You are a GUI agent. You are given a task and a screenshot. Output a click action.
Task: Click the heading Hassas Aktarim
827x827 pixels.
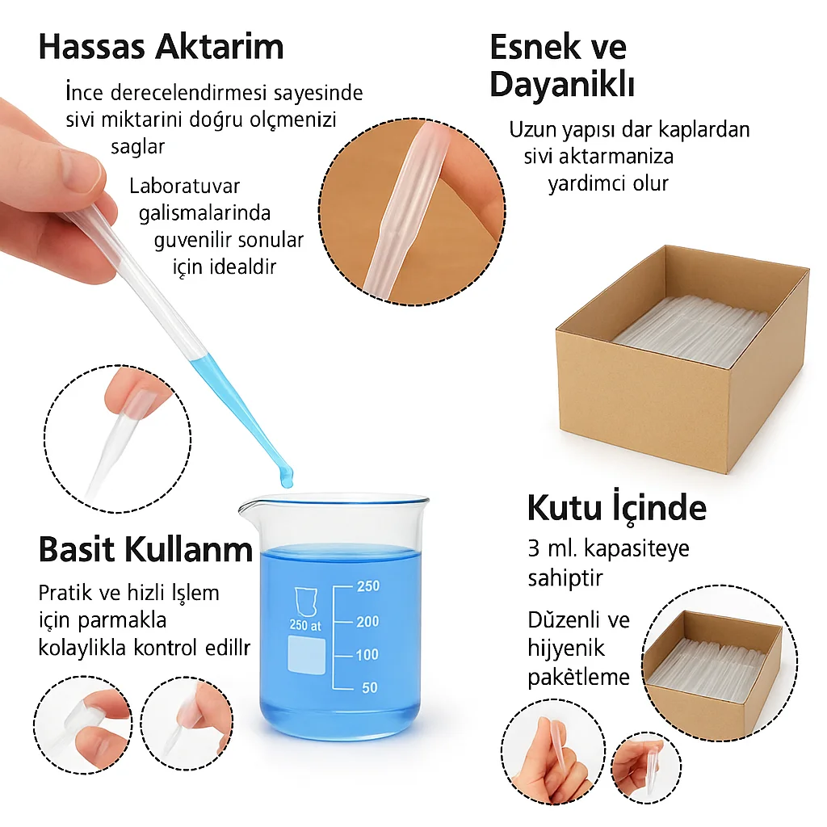(x=162, y=46)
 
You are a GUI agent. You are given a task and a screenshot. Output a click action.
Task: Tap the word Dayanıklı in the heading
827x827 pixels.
(x=562, y=84)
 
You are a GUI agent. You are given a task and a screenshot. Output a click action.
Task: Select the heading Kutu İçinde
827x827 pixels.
(x=616, y=508)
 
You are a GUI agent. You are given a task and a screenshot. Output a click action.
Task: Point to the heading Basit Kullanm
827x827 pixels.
(x=145, y=549)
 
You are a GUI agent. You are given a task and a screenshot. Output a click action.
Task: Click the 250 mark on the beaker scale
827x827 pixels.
(x=368, y=586)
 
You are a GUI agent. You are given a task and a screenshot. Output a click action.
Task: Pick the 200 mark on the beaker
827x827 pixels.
(x=367, y=621)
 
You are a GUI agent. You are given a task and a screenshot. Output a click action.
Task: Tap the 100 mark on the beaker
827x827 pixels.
(x=367, y=654)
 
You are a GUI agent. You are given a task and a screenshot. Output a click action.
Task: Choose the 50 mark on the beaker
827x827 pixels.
(x=370, y=688)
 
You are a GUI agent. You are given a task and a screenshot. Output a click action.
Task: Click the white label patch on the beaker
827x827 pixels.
(x=306, y=654)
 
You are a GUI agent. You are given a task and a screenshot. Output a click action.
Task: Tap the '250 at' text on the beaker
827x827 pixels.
(x=305, y=626)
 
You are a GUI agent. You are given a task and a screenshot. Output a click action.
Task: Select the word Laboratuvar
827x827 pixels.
(x=185, y=187)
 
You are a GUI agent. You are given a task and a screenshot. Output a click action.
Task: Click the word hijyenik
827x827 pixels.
(x=566, y=649)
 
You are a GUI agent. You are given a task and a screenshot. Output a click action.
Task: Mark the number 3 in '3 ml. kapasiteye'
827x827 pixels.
(x=533, y=549)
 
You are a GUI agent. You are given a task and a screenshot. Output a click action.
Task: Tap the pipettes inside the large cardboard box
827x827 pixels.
(x=691, y=330)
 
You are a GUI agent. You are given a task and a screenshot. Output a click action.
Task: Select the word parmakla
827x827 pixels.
(x=122, y=621)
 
